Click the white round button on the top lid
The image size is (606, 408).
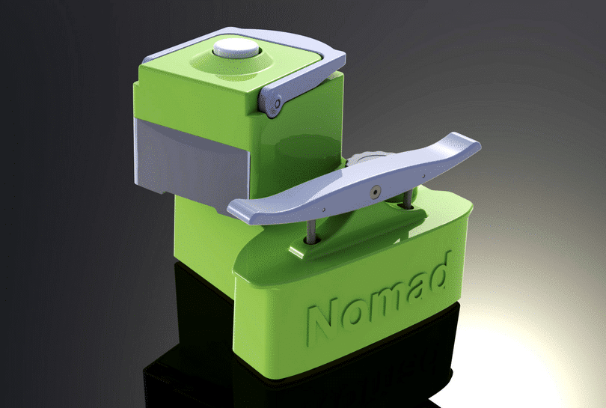click(236, 49)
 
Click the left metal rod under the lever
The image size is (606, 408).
click(310, 229)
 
